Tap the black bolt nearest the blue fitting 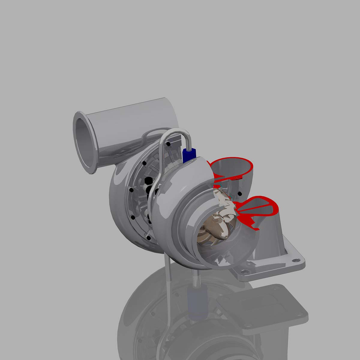coord(169,144)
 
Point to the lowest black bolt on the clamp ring coord(149,238)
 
